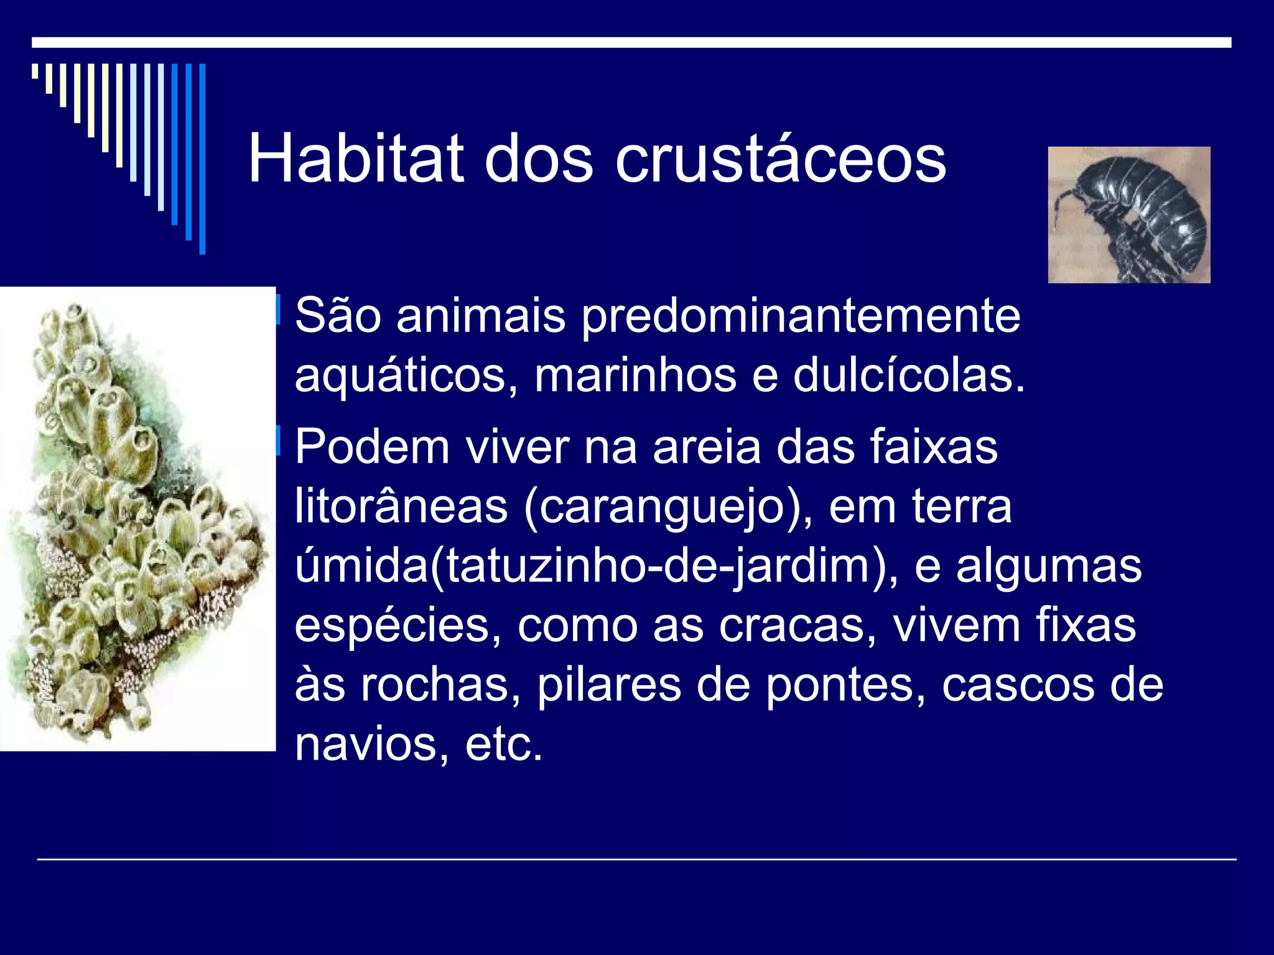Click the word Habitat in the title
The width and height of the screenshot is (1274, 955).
(356, 159)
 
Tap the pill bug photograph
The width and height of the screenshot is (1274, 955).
(1128, 215)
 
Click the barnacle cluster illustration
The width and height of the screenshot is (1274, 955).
(137, 519)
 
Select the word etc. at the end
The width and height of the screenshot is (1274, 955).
(504, 744)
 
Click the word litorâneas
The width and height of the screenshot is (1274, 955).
(401, 506)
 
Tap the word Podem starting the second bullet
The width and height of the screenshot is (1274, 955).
(372, 446)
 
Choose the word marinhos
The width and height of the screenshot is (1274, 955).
(635, 376)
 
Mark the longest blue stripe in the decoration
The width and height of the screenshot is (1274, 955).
(202, 159)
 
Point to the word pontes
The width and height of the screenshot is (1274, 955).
(845, 685)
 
